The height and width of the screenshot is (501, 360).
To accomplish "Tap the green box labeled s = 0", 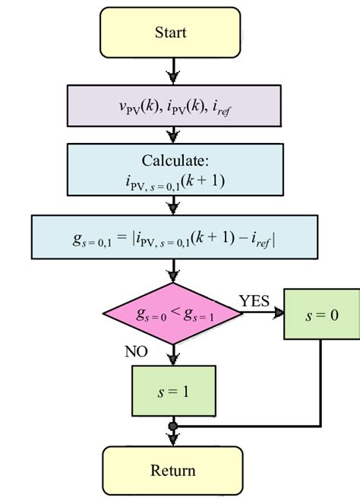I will coord(321,313).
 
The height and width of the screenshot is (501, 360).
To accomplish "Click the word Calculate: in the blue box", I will coord(175,160).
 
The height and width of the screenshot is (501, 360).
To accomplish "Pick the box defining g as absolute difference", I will coord(175,236).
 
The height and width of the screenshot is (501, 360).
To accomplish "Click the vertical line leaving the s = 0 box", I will coord(321,380).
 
